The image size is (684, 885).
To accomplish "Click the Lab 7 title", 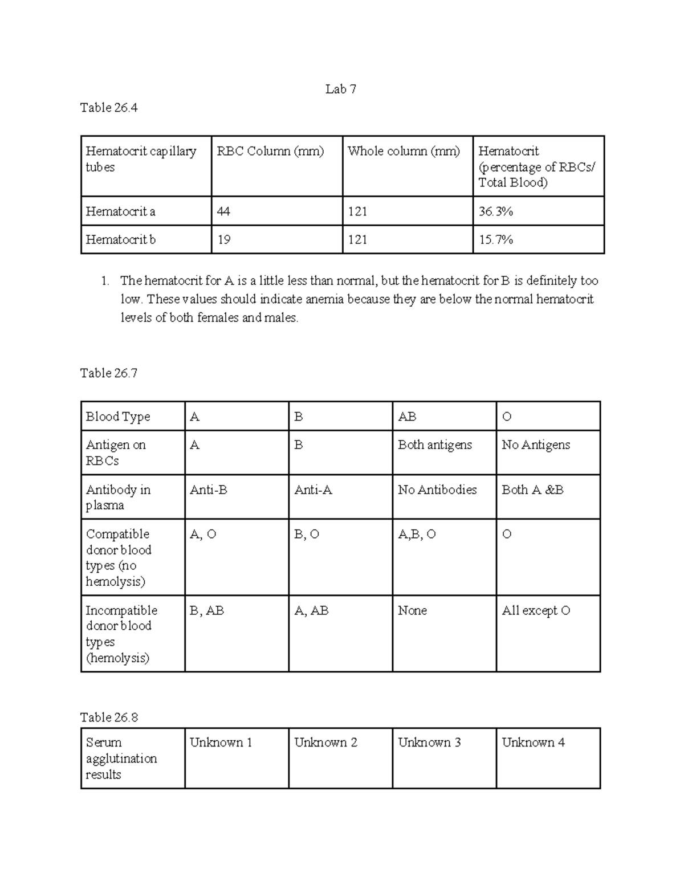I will [341, 89].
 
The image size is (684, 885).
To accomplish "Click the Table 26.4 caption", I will [109, 108].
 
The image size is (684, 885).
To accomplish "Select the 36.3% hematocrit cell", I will [496, 211].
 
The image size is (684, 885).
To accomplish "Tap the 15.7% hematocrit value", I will [496, 240].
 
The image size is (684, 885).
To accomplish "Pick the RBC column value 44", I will [223, 211].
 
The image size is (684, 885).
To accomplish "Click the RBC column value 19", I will [223, 240].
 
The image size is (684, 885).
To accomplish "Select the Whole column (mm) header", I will [404, 151].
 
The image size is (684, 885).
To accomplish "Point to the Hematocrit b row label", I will [120, 240].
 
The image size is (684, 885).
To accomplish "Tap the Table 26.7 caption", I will [109, 373].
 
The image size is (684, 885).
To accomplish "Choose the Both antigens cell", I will [435, 445].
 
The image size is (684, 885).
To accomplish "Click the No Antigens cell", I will [536, 445].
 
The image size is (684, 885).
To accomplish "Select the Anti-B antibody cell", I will [209, 490].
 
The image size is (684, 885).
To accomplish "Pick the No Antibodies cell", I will [437, 490].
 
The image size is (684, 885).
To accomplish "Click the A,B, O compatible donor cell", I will [417, 535].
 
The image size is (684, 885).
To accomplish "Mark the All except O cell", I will [536, 611].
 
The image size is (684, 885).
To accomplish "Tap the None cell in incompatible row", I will [412, 611].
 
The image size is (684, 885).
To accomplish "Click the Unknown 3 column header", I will [429, 743].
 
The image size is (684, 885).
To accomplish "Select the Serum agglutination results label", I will [121, 758].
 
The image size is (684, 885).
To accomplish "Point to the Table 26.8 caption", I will [109, 717].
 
